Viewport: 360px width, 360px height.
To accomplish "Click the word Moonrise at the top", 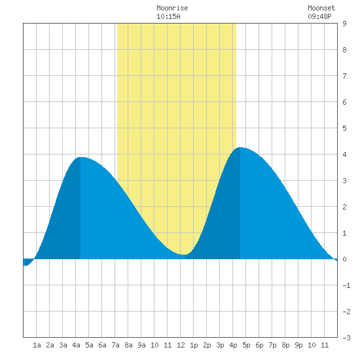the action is click(172, 8).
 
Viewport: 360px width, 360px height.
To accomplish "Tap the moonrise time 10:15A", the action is click(168, 16).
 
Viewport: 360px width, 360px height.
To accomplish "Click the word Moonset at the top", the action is click(321, 8).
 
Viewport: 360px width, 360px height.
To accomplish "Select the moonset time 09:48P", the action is click(319, 16).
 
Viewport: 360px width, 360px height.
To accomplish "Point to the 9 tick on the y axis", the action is click(344, 24).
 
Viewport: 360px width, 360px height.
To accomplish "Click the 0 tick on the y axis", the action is click(344, 259).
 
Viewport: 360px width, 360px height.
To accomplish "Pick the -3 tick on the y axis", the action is click(346, 338).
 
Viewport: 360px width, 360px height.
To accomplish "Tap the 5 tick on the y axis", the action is click(344, 128).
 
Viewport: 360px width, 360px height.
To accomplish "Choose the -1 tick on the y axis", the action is click(346, 285).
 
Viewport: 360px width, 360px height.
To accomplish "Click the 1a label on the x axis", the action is click(37, 345).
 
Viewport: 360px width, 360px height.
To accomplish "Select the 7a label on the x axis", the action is click(115, 345).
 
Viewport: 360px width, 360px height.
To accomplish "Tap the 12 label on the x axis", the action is click(181, 345).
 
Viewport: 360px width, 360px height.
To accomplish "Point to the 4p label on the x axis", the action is click(233, 345).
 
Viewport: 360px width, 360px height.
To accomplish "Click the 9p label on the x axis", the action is click(298, 345).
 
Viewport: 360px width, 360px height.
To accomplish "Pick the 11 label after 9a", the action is click(168, 345).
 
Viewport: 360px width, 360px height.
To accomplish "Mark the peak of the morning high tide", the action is click(81, 158).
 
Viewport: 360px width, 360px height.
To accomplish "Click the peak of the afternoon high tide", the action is click(240, 148).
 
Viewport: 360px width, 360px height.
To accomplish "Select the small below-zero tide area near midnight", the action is click(27, 262).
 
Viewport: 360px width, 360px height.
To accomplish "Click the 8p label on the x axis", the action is click(285, 345).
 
